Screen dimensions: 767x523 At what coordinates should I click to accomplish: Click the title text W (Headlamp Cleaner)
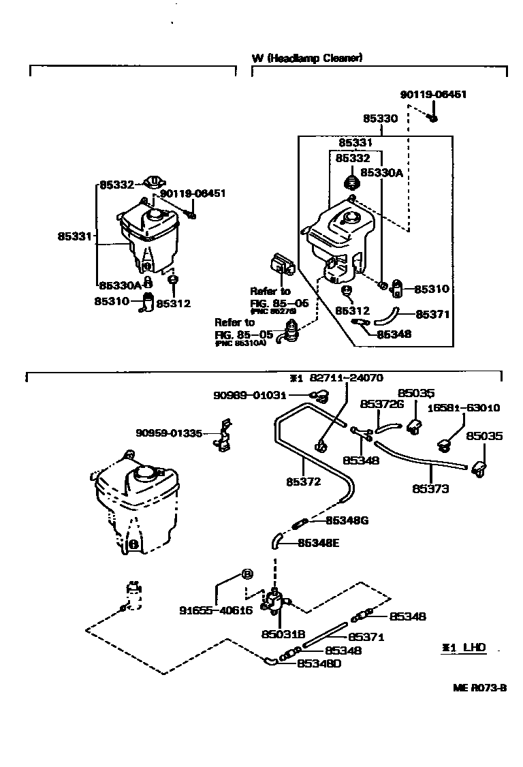point(307,59)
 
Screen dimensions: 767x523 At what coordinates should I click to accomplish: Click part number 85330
point(380,119)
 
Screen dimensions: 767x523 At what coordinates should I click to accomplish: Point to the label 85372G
point(382,404)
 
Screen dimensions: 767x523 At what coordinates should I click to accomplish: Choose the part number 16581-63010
point(464,408)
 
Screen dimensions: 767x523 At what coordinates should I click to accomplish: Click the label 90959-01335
point(169,432)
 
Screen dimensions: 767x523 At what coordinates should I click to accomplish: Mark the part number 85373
point(430,488)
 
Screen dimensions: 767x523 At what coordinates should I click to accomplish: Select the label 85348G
point(347,520)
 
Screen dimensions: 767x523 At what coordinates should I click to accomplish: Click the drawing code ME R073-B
point(480,687)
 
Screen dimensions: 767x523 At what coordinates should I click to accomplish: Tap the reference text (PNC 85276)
point(276,311)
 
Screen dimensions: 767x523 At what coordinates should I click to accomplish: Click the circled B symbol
point(247,574)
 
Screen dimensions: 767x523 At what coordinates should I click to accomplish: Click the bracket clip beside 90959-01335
point(223,440)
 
